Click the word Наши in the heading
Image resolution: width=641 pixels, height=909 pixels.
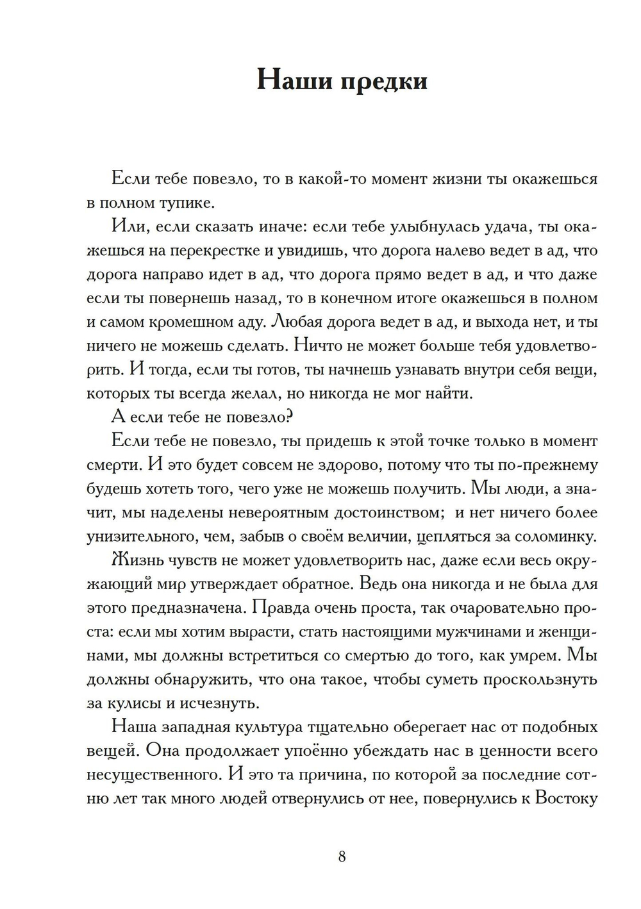click(x=292, y=81)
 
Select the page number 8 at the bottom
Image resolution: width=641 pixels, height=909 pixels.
click(x=342, y=856)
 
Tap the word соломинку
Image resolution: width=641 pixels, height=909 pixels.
click(x=556, y=536)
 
